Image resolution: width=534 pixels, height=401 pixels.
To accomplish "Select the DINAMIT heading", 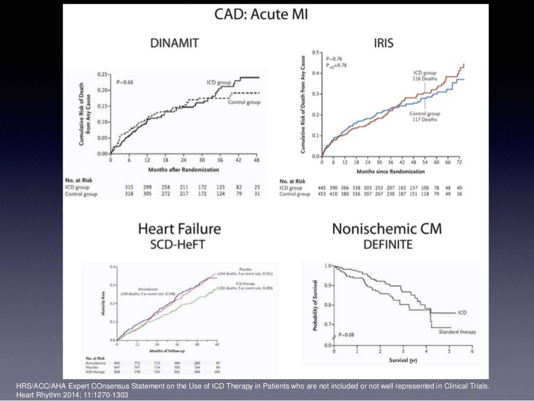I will pyautogui.click(x=174, y=43).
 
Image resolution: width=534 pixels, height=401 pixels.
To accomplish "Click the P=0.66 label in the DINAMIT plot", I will pyautogui.click(x=125, y=82).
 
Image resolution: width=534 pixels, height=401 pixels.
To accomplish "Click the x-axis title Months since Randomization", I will pyautogui.click(x=391, y=171).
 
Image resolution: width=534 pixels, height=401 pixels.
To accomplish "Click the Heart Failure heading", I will pyautogui.click(x=179, y=228).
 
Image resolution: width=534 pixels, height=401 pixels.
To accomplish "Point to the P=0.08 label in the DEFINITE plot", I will pyautogui.click(x=346, y=334).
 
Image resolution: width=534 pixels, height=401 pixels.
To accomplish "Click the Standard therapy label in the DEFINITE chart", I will pyautogui.click(x=457, y=332).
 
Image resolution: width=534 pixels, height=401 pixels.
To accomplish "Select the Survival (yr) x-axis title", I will pyautogui.click(x=402, y=360).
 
